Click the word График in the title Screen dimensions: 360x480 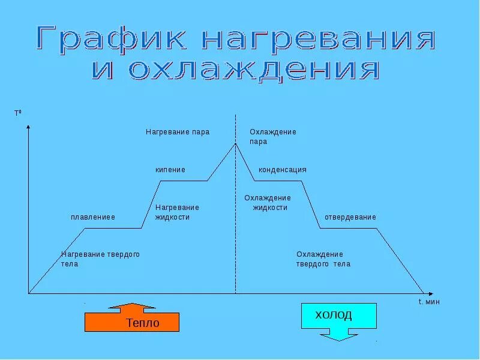point(114,39)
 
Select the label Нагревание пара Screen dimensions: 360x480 point(178,132)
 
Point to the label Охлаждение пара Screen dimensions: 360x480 point(272,137)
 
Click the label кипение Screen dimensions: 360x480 point(170,170)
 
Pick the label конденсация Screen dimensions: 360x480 point(283,170)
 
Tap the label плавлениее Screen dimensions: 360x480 point(93,217)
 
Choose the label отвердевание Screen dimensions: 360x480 point(350,217)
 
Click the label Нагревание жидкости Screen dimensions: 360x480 point(177,212)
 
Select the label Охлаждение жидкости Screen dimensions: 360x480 point(268,203)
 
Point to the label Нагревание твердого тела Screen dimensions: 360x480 point(100,259)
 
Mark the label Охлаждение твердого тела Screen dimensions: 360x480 point(323,259)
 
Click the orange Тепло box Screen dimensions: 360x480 point(132,322)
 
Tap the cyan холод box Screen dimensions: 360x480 point(338,315)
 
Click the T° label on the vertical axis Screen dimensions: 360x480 point(17,113)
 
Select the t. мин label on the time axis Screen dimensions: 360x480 point(429,302)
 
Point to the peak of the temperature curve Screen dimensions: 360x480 point(235,143)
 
